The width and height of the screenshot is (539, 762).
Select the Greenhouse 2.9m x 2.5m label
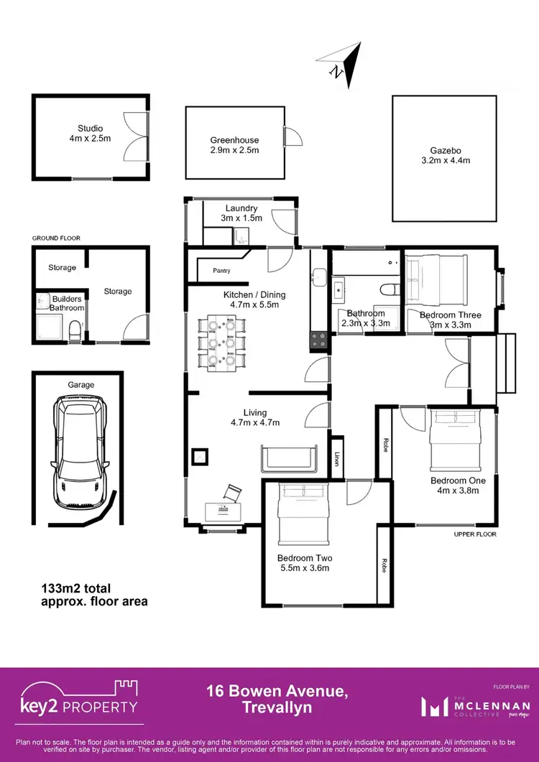pyautogui.click(x=234, y=145)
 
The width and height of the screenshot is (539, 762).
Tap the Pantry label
pyautogui.click(x=221, y=271)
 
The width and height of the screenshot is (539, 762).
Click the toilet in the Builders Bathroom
pyautogui.click(x=73, y=330)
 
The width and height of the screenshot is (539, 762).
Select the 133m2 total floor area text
pyautogui.click(x=94, y=595)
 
